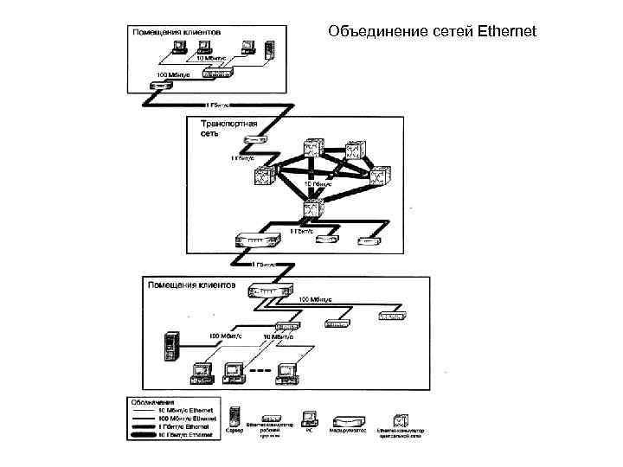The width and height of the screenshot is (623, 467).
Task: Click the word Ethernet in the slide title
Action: click(x=506, y=32)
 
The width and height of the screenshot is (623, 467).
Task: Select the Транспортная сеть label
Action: click(x=218, y=129)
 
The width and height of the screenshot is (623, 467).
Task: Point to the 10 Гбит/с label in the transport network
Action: click(x=317, y=183)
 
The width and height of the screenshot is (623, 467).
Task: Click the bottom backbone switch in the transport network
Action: click(x=313, y=208)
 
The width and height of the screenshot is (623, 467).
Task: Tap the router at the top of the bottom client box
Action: click(x=271, y=291)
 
